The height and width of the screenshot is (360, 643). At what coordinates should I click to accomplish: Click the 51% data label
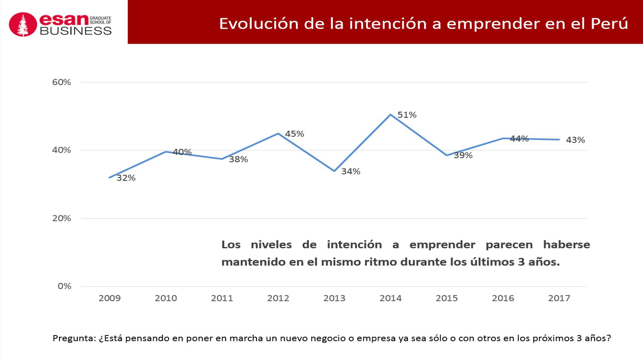[x=407, y=115]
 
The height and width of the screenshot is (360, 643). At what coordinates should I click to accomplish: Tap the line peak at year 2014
[x=390, y=115]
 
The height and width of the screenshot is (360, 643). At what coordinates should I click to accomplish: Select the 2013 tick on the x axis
[x=334, y=298]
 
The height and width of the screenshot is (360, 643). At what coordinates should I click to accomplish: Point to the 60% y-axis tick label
[x=61, y=82]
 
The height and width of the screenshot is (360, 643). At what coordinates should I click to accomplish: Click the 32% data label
[x=126, y=178]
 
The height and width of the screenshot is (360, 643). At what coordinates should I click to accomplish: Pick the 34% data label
[x=351, y=171]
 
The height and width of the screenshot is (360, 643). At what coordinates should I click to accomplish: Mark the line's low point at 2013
[x=334, y=171]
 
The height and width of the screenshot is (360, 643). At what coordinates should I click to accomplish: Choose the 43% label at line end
[x=575, y=140]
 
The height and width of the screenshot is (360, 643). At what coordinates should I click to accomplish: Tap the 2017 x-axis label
[x=559, y=298]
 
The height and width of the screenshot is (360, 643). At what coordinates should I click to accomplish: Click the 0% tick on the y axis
[x=64, y=286]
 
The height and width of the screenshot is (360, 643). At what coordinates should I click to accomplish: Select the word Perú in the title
[x=609, y=24]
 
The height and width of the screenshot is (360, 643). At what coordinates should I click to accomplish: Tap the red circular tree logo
[x=23, y=24]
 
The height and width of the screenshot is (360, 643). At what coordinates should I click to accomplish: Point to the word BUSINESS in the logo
[x=76, y=31]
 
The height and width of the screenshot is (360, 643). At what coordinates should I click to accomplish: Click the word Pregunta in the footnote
[x=74, y=338]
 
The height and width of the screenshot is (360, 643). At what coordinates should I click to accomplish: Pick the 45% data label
[x=294, y=134]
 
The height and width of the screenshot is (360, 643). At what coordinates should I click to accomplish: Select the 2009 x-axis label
[x=110, y=298]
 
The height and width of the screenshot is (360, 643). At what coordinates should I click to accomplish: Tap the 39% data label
[x=463, y=155]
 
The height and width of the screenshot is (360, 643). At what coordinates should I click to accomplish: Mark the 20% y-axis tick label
[x=61, y=218]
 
